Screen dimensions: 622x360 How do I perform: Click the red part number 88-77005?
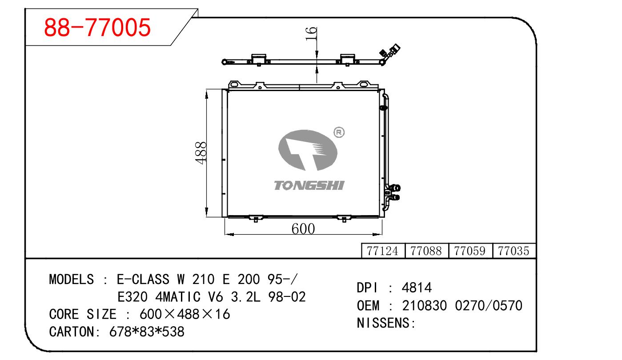click(x=97, y=27)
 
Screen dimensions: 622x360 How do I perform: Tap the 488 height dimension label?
click(x=201, y=153)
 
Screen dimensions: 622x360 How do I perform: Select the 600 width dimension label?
click(x=303, y=229)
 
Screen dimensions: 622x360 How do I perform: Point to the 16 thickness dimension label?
click(x=311, y=34)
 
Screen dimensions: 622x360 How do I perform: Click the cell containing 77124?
click(x=383, y=251)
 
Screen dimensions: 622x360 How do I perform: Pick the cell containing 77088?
click(x=426, y=251)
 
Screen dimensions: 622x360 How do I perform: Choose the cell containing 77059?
click(x=470, y=251)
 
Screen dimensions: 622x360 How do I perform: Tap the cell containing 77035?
click(x=514, y=251)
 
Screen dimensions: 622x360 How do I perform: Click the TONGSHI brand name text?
click(x=309, y=185)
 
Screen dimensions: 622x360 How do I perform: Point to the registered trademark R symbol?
click(x=339, y=132)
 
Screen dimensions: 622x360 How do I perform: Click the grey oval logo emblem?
click(x=308, y=150)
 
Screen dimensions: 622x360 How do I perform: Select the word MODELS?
click(x=72, y=279)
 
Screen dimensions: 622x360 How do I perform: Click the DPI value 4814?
click(x=417, y=288)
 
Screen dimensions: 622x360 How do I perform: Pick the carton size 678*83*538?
click(x=147, y=332)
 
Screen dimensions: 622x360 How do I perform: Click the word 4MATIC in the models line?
click(x=178, y=297)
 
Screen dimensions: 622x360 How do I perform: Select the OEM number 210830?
click(x=424, y=306)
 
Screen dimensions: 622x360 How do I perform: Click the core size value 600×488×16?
click(x=185, y=314)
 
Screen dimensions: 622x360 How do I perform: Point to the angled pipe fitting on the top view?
click(x=390, y=54)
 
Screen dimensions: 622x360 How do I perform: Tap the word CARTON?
click(x=72, y=332)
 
